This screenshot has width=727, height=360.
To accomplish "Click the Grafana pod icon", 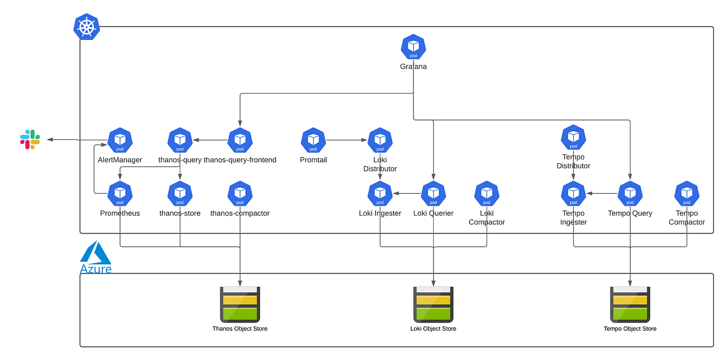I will point(413,47).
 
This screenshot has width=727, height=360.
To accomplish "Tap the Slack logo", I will point(30,140).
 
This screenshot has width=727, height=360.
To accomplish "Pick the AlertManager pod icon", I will point(120,140).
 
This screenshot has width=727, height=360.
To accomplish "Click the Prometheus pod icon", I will point(120,193).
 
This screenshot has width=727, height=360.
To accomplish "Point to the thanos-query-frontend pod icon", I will point(240,140).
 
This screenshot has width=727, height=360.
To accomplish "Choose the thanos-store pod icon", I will point(180,193).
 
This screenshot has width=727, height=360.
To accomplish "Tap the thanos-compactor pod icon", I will point(240,193).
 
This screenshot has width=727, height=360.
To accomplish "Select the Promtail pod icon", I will point(313,140).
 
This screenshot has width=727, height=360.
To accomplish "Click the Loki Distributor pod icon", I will point(380,140).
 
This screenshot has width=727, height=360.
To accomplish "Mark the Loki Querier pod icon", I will point(433,193).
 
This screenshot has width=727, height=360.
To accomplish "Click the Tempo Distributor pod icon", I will point(573,137).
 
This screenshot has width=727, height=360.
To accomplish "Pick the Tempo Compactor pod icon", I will point(686,193).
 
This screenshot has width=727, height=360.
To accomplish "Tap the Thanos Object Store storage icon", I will point(240,304).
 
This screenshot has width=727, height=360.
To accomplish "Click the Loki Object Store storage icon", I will point(433,304).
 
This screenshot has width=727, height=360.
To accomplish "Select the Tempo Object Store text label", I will point(630,329).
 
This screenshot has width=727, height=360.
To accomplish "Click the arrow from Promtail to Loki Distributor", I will point(346,140).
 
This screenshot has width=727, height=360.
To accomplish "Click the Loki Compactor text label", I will point(487,218).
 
